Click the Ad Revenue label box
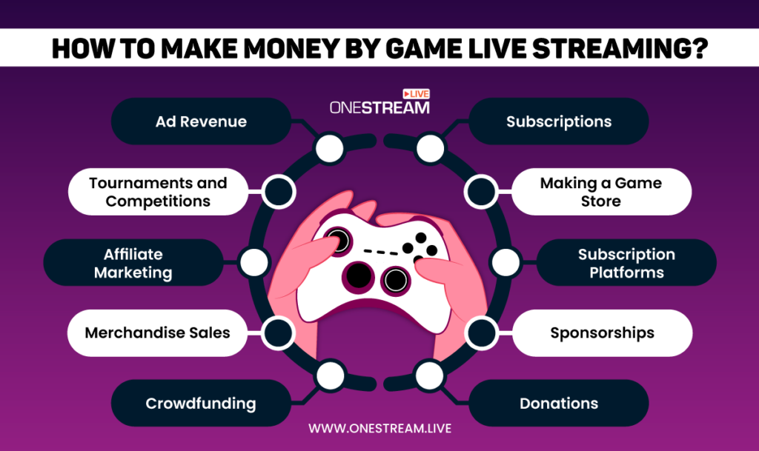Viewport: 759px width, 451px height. pyautogui.click(x=201, y=121)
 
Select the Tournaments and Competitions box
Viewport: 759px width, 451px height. pyautogui.click(x=158, y=192)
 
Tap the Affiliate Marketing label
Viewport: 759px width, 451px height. pyautogui.click(x=133, y=263)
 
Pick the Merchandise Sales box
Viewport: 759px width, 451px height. pyautogui.click(x=157, y=333)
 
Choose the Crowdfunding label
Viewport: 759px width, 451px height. pyautogui.click(x=200, y=404)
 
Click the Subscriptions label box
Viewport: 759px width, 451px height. pyautogui.click(x=559, y=121)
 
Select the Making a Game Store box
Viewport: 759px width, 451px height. pyautogui.click(x=600, y=192)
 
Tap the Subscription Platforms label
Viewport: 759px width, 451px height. pyautogui.click(x=626, y=263)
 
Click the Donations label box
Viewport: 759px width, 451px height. pyautogui.click(x=559, y=404)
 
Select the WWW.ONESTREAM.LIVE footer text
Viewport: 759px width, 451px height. pyautogui.click(x=379, y=428)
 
